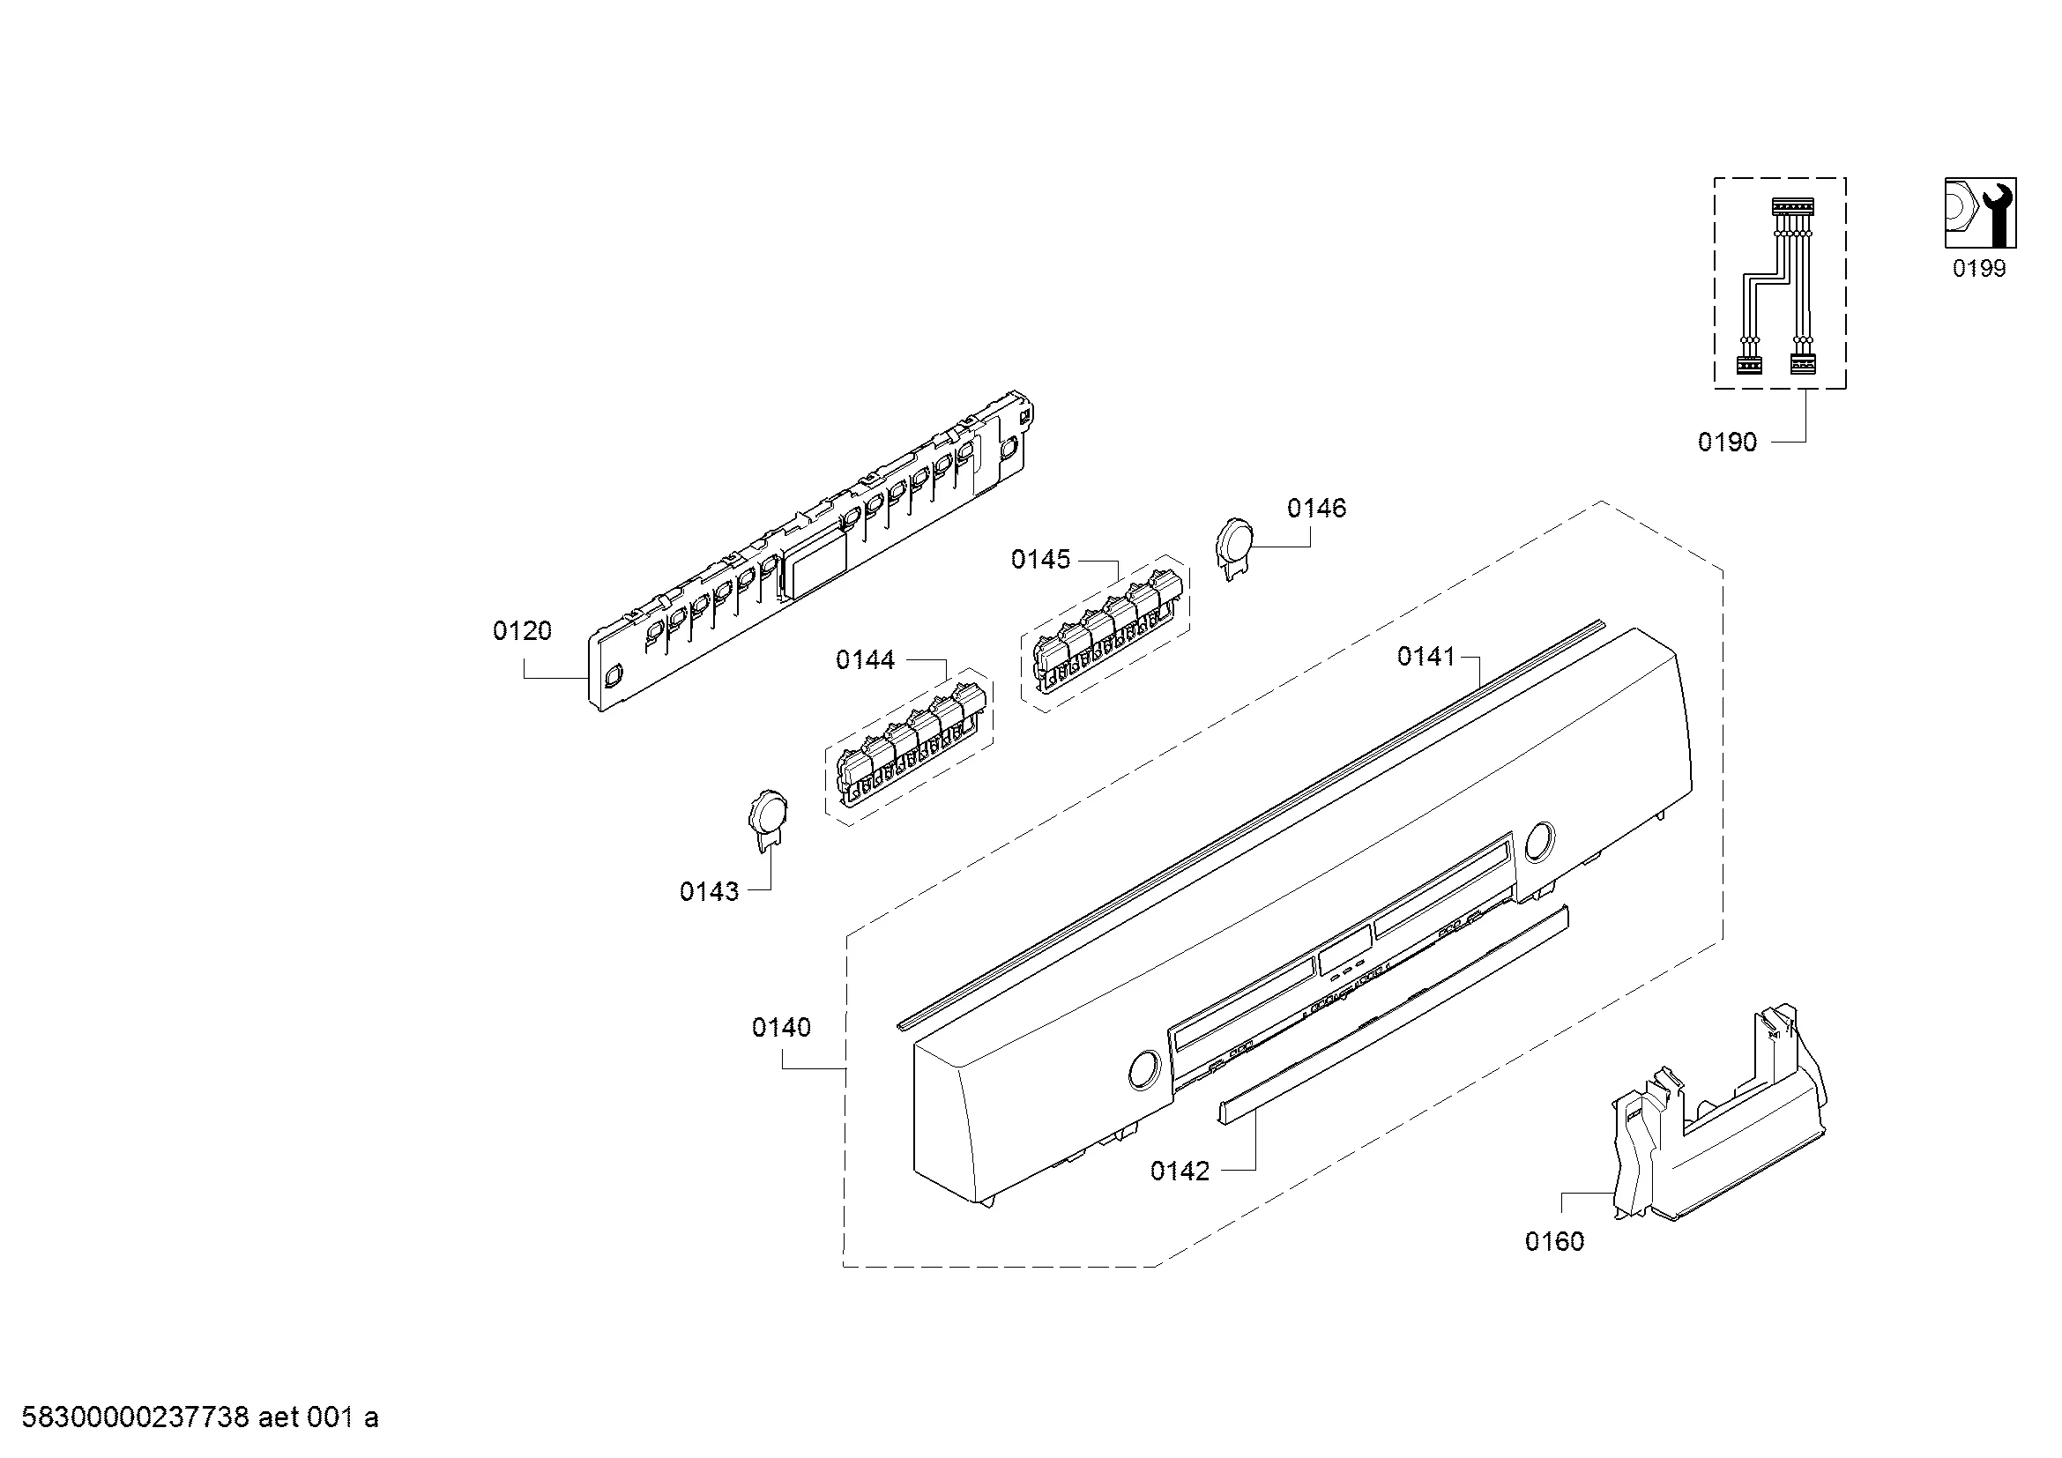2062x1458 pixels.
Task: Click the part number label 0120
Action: (x=522, y=631)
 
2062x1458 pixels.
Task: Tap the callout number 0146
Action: (x=1316, y=508)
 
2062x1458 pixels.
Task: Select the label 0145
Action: (x=1041, y=560)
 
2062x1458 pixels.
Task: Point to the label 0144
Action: (x=865, y=660)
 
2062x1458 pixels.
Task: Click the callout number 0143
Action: (x=710, y=891)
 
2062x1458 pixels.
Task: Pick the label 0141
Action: (x=1426, y=658)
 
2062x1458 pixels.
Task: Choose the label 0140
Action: (x=781, y=1027)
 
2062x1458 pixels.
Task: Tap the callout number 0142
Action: (x=1180, y=1171)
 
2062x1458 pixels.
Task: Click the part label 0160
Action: (x=1554, y=1242)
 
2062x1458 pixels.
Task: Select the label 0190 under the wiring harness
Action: (x=1727, y=442)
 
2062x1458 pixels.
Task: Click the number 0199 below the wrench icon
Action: (x=1979, y=269)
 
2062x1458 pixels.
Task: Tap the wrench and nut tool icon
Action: (x=1980, y=212)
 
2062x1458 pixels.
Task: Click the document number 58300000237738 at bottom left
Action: (x=135, y=1417)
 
